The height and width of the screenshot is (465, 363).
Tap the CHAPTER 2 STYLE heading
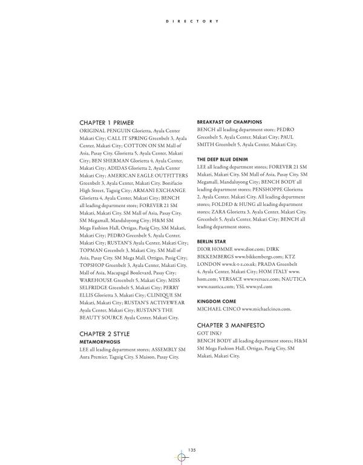click(105, 333)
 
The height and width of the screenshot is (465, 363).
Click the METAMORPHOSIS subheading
click(102, 342)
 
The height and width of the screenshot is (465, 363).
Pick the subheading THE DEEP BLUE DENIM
click(223, 159)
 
